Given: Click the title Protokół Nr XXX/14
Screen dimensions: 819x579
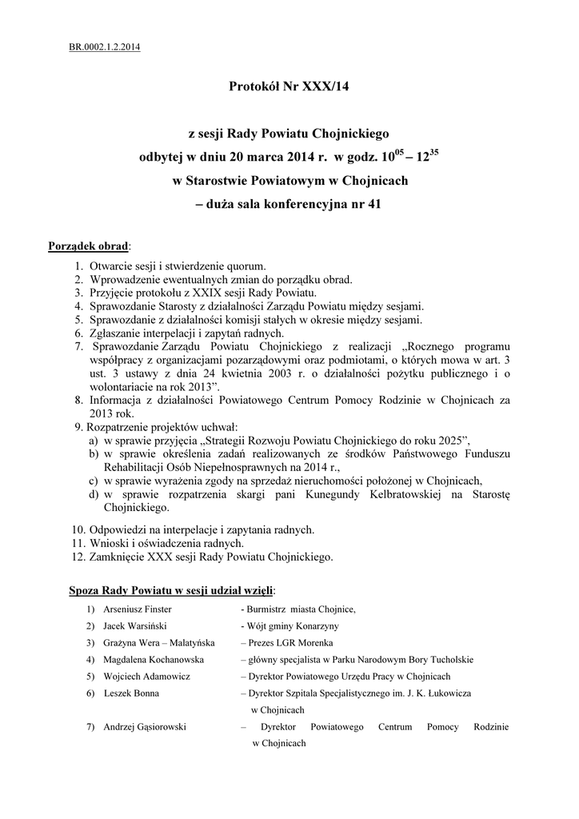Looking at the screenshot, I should (x=289, y=86).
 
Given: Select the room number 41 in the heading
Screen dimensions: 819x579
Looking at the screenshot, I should (x=373, y=203).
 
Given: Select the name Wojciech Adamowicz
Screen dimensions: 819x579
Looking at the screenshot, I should (x=142, y=676).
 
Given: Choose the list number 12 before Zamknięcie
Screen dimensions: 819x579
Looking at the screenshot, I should (x=78, y=556).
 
